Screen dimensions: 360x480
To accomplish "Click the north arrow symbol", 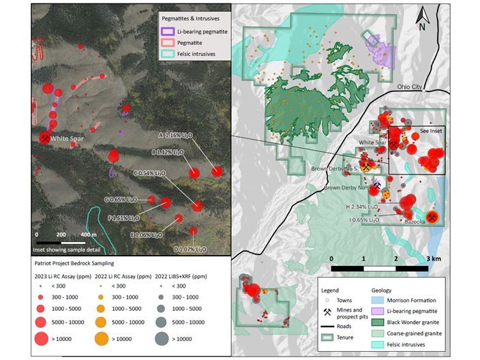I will point(422,18).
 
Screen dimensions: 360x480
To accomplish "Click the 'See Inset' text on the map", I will point(424,132).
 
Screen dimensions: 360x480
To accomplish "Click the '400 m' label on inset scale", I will point(89,234).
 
